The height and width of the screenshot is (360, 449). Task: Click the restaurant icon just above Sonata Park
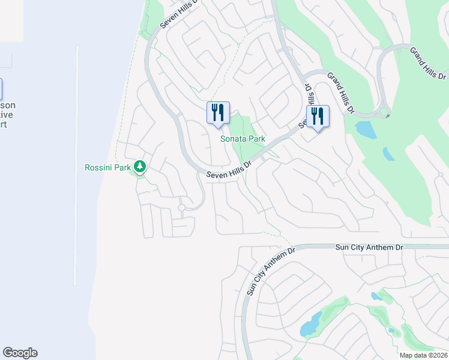click(218, 113)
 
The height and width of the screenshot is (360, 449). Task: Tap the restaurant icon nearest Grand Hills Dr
click(318, 117)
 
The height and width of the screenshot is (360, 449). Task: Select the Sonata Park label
click(243, 139)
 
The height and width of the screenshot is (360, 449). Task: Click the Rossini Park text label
click(107, 168)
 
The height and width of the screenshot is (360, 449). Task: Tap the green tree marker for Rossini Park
click(140, 166)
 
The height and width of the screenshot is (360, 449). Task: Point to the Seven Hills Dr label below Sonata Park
click(229, 169)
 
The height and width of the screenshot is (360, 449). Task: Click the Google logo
click(20, 353)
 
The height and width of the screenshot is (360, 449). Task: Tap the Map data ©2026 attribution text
click(423, 355)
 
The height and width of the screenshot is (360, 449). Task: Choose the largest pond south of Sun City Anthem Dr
click(310, 325)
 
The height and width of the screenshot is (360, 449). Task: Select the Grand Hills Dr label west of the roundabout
click(341, 92)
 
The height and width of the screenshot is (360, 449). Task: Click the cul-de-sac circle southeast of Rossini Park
click(181, 208)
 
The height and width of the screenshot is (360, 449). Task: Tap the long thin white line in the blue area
click(76, 165)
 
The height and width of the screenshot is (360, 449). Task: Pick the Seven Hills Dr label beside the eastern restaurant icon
click(307, 108)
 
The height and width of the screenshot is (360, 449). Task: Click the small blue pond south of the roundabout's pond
click(389, 154)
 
